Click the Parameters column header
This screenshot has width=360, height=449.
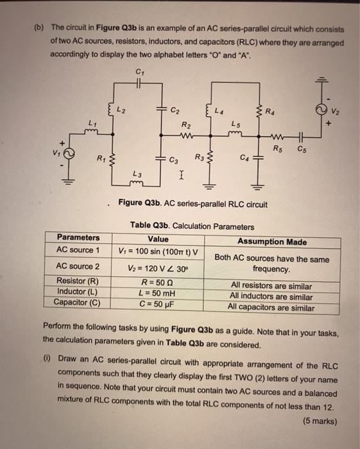[78, 237]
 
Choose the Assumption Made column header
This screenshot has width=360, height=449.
[271, 242]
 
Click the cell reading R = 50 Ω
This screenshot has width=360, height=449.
[158, 282]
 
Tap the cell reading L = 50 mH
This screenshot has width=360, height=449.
[158, 292]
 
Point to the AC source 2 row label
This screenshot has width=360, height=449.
[78, 266]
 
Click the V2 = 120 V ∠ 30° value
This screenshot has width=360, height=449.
[158, 266]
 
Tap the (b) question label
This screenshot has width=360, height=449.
[39, 28]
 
